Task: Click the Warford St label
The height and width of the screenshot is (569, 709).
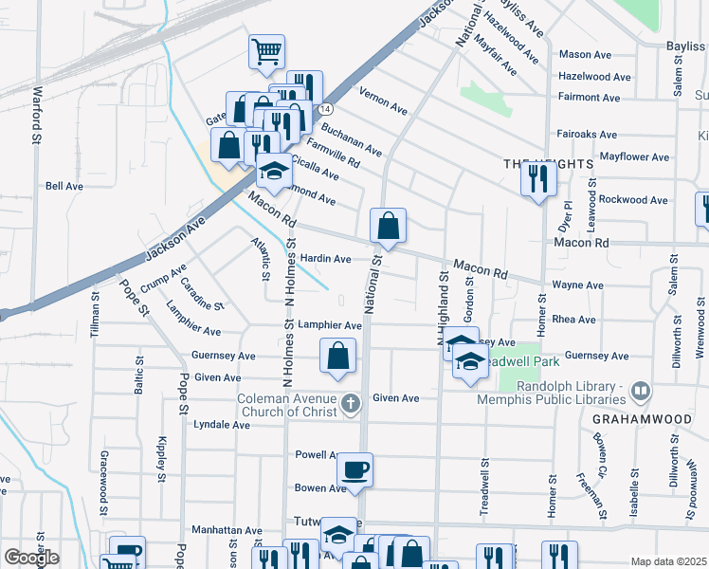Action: click(x=39, y=115)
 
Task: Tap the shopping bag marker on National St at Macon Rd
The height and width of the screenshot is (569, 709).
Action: click(x=388, y=227)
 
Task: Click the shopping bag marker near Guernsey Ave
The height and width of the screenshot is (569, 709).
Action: click(x=338, y=358)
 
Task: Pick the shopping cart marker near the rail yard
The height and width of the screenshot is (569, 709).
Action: click(x=266, y=51)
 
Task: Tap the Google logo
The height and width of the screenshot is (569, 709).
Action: click(x=30, y=558)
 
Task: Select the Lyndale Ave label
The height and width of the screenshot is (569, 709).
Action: click(x=222, y=426)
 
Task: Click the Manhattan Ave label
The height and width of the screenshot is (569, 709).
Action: click(x=227, y=531)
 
